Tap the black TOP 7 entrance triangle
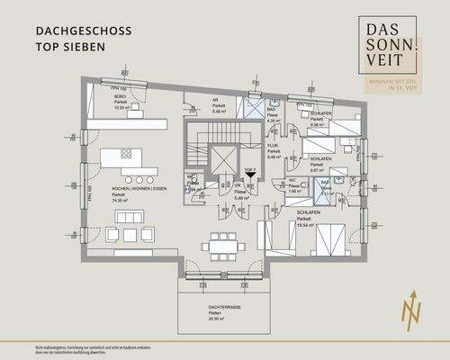point(250,177)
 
